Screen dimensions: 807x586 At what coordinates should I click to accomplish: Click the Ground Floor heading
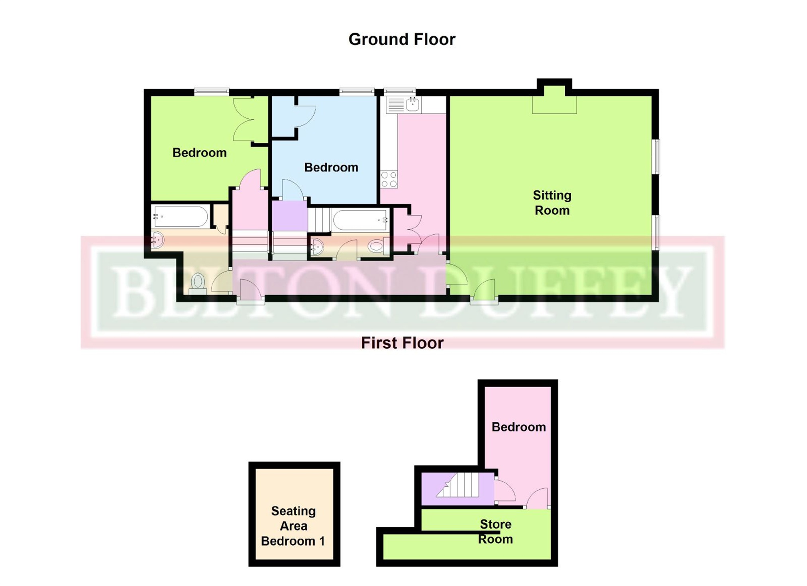(x=402, y=39)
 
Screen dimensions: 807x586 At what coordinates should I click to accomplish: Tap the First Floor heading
(x=402, y=343)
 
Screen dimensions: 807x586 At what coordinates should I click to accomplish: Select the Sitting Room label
(x=552, y=203)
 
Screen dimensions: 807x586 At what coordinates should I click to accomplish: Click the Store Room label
(x=495, y=531)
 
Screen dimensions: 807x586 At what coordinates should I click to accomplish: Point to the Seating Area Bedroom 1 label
(x=293, y=526)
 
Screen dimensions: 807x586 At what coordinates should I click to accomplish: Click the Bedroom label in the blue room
(x=331, y=167)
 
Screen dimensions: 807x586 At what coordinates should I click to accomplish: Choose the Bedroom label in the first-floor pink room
(x=518, y=427)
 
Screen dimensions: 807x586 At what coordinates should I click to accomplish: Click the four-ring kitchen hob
(x=389, y=179)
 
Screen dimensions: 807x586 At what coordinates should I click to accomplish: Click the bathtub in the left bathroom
(x=181, y=216)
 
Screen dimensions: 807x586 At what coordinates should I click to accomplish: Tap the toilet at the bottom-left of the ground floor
(x=198, y=284)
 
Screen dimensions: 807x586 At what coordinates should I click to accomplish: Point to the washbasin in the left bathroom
(x=157, y=240)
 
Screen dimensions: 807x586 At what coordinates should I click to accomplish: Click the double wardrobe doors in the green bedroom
(x=250, y=119)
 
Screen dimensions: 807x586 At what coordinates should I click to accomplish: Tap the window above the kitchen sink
(x=400, y=92)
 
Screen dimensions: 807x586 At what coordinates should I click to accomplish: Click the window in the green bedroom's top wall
(x=212, y=92)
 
